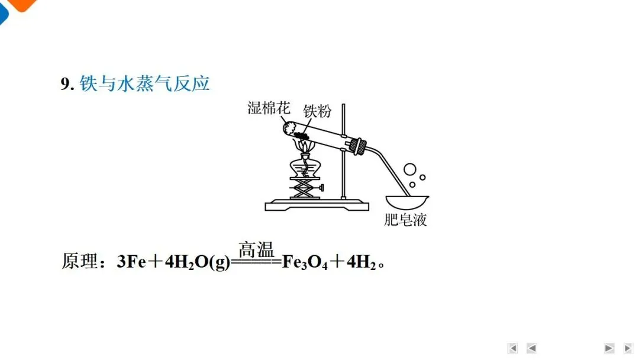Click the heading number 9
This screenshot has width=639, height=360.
click(x=67, y=85)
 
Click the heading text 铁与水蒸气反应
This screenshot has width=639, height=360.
click(x=145, y=84)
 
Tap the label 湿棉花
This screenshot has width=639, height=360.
click(x=269, y=108)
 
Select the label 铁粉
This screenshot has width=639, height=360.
click(x=317, y=111)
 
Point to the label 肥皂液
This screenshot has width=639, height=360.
click(x=405, y=220)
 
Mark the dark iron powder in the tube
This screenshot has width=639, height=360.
click(x=303, y=134)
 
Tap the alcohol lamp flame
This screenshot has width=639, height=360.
click(x=304, y=146)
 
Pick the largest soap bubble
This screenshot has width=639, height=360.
click(x=410, y=169)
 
